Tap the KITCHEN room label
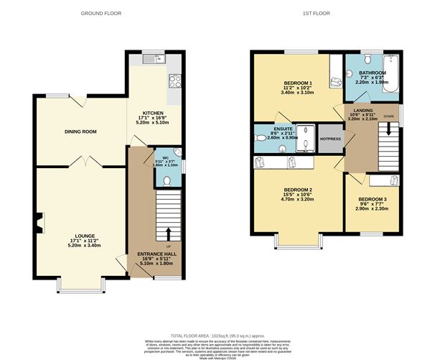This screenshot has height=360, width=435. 152,114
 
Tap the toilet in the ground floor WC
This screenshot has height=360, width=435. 167,180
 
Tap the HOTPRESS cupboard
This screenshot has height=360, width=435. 330,139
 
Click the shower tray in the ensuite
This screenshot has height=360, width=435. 306,137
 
